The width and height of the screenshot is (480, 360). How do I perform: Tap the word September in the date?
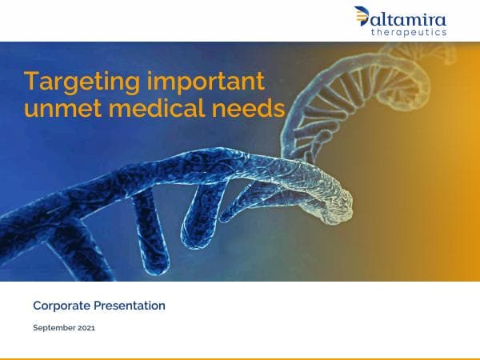[54, 328]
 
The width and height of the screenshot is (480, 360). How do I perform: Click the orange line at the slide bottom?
[240, 358]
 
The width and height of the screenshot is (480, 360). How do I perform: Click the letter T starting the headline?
[30, 82]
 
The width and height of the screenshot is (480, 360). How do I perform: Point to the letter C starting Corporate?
[37, 306]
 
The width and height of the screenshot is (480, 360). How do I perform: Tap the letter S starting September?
[35, 328]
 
